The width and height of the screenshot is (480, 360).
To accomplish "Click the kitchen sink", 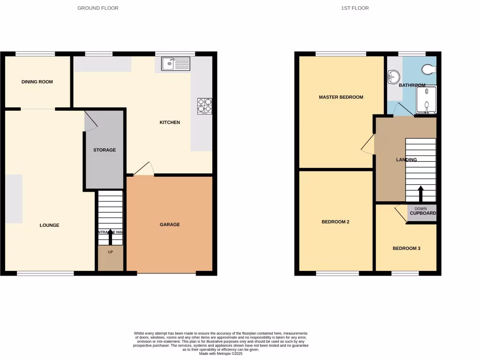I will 175,63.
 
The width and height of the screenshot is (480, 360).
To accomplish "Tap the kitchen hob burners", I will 205,105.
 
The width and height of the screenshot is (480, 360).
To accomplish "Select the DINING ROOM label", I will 37,82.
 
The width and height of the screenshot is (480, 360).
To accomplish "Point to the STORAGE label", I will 105,150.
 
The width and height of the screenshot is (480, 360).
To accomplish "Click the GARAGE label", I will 170,225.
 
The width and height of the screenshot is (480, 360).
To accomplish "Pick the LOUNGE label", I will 49,225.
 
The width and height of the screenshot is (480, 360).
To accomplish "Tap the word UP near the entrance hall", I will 111,252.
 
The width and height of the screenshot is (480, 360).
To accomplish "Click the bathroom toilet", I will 429,69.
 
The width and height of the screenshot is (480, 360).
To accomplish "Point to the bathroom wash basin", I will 394,77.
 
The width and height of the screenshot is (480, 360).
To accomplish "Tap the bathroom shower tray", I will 426,100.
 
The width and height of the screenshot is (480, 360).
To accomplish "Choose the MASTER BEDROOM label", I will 341,97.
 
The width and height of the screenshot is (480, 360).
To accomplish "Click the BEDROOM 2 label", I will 335,222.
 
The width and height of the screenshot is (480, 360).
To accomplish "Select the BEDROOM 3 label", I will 406,248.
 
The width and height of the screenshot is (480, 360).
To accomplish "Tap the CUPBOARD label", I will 423,213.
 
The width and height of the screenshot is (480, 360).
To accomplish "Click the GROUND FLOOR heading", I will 98,8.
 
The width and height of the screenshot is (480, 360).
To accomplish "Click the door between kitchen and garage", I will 144,170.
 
